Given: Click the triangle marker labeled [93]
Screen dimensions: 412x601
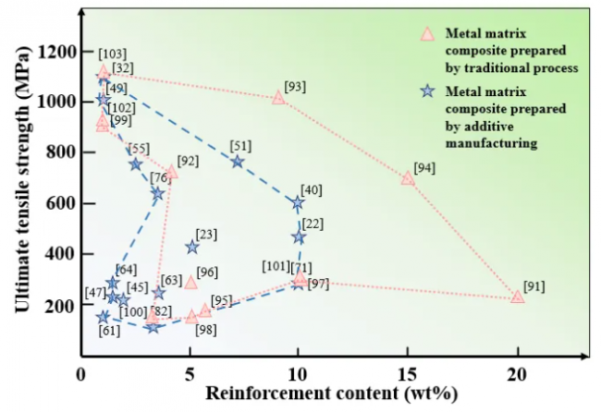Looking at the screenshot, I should click(279, 97).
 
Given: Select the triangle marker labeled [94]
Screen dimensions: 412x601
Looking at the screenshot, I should click(408, 178).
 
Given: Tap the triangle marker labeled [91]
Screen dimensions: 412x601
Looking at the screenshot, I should click(518, 297).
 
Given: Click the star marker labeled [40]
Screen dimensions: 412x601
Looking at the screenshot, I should click(298, 202).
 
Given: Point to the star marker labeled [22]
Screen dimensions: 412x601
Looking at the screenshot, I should click(299, 237).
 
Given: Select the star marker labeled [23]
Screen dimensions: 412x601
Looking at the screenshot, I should click(192, 247).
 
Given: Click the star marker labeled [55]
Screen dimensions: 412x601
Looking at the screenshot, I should click(136, 164).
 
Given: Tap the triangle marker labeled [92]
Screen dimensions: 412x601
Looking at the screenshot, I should click(171, 172).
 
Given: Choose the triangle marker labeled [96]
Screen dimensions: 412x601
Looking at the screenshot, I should click(190, 282).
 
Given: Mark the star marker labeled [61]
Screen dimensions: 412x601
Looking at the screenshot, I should click(104, 317).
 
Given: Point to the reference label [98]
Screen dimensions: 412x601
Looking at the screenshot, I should click(206, 331).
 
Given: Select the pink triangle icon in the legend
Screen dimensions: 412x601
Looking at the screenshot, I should click(427, 34).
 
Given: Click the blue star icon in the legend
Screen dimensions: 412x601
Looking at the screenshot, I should click(427, 91).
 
